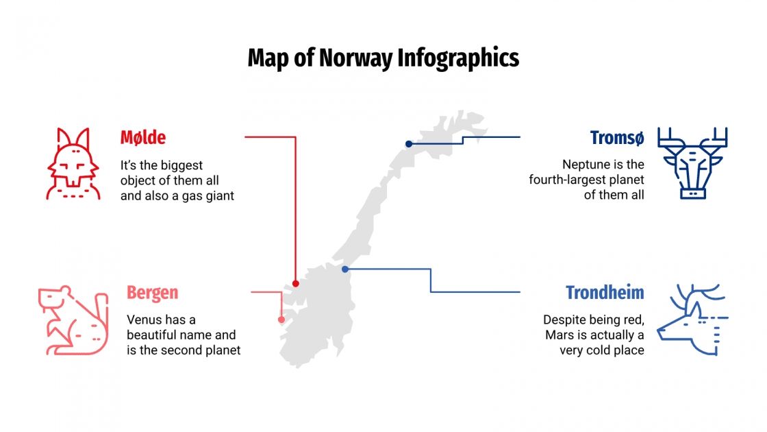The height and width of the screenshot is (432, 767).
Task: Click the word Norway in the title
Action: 357,58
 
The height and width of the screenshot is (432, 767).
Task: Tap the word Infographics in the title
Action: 458,58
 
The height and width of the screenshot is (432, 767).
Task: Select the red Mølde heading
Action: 143,138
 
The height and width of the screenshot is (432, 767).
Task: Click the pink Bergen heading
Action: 152,293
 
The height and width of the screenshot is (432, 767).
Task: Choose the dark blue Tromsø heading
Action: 617,138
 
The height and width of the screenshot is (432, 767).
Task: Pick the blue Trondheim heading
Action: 605,293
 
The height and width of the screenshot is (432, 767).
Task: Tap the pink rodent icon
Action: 73,320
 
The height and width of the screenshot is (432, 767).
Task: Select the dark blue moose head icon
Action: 692,163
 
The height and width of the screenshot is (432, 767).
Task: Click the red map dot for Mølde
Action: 296,283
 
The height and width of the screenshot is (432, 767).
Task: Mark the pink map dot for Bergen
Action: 281,320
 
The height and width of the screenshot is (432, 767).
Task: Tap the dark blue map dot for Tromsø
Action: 409,144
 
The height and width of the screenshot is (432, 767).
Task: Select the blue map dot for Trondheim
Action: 345,269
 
